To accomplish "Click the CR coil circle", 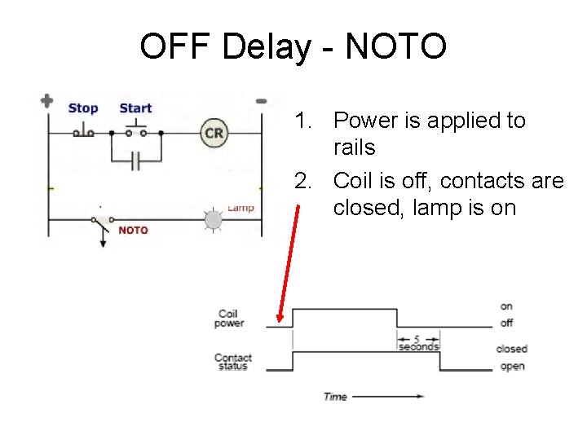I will pyautogui.click(x=214, y=134).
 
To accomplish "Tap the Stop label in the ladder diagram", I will pyautogui.click(x=83, y=108).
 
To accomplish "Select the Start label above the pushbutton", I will pyautogui.click(x=135, y=108).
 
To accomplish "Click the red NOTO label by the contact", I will pyautogui.click(x=133, y=231).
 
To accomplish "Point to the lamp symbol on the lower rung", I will pyautogui.click(x=213, y=220).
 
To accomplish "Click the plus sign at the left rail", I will pyautogui.click(x=47, y=101).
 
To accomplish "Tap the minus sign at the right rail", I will pyautogui.click(x=261, y=101).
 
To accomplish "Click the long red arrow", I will pyautogui.click(x=285, y=262).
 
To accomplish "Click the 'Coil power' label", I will pyautogui.click(x=229, y=319).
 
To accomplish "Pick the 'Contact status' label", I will pyautogui.click(x=233, y=362).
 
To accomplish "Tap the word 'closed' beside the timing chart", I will pyautogui.click(x=512, y=349).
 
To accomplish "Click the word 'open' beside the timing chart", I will pyautogui.click(x=512, y=367).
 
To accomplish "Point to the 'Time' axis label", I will pyautogui.click(x=335, y=397).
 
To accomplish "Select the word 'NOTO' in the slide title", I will pyautogui.click(x=395, y=46).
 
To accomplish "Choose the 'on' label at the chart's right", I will pyautogui.click(x=506, y=306).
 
